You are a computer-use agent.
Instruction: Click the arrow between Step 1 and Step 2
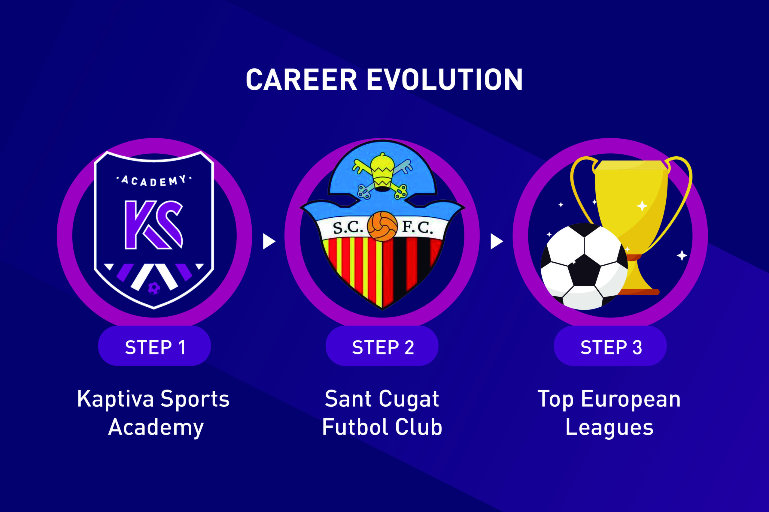coord(269,241)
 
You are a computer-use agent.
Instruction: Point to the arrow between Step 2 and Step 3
coord(497,241)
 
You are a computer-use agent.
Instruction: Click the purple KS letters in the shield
coord(153,225)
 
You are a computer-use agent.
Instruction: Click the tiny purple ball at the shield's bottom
coord(154,288)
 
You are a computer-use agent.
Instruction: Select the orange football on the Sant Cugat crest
coord(382,226)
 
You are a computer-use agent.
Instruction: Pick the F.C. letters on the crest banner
coord(417,227)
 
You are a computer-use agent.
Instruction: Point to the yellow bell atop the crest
coord(382,172)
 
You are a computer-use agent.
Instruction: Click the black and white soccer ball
coord(584,267)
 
